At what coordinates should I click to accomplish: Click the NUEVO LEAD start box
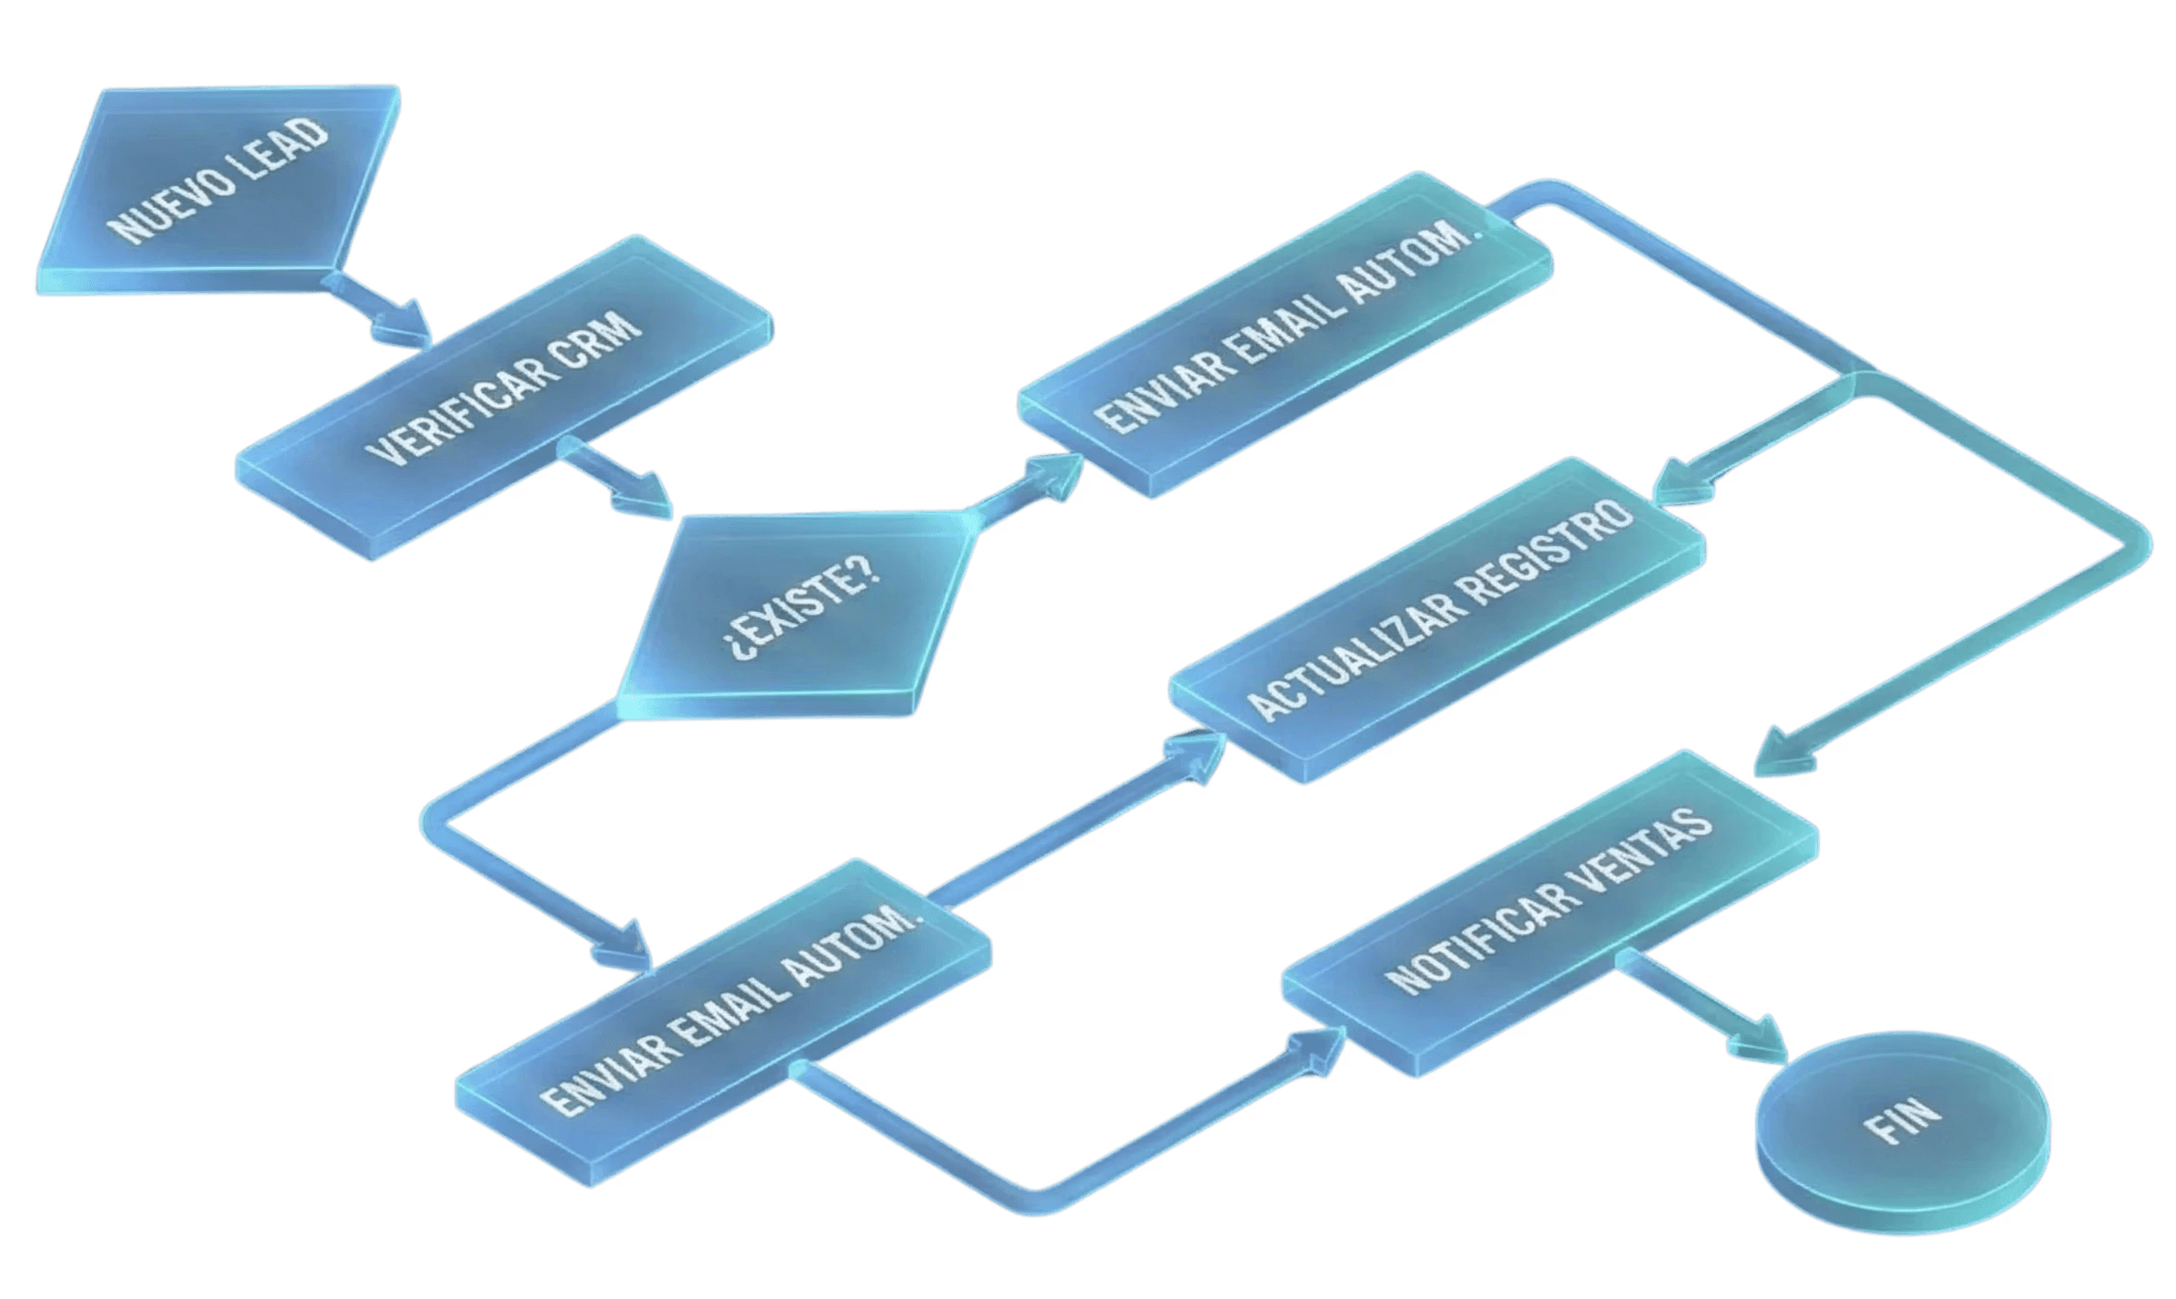click(x=218, y=185)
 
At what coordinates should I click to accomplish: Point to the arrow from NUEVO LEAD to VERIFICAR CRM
click(x=385, y=311)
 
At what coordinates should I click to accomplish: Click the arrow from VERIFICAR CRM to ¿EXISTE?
click(x=617, y=482)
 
